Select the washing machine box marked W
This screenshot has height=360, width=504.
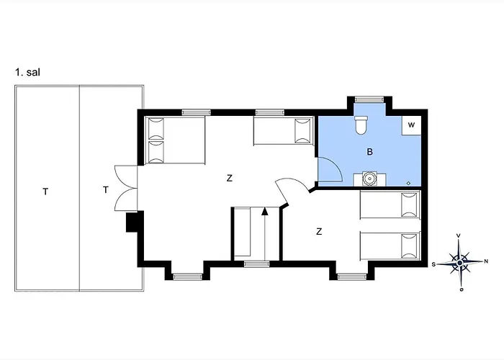[411, 125]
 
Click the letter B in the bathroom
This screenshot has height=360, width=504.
[370, 152]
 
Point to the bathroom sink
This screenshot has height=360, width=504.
[369, 178]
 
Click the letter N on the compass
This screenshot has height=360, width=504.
[486, 261]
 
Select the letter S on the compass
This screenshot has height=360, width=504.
[434, 264]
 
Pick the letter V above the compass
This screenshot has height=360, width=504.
[459, 235]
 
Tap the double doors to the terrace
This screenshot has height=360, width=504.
[122, 189]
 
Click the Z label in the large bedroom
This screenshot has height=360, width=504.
[230, 178]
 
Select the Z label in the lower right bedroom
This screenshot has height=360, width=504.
[318, 231]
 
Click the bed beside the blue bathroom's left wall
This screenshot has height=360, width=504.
[283, 132]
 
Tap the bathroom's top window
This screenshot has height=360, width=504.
[371, 98]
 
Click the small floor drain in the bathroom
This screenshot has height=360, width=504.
[408, 183]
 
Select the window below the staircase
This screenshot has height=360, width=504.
[255, 264]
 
